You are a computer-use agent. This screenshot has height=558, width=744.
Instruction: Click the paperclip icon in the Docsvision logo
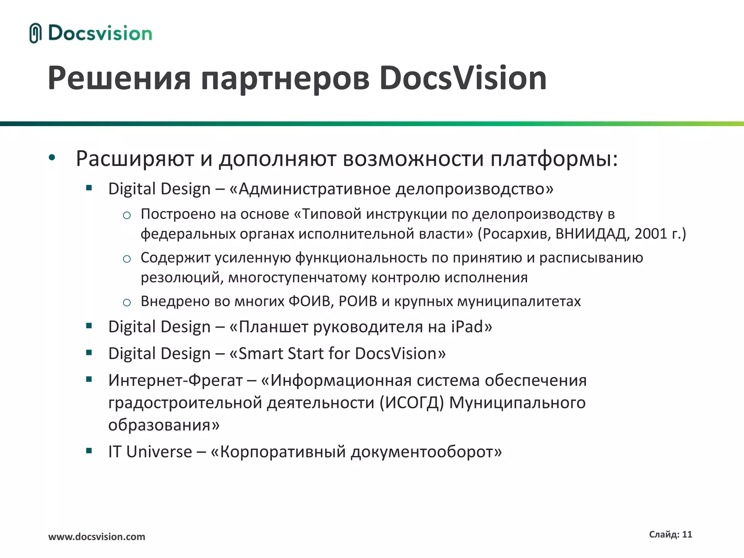35,33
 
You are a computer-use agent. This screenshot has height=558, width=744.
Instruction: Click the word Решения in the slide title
119,78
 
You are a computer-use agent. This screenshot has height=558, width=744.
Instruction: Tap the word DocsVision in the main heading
463,78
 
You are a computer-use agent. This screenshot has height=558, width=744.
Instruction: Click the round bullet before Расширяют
52,158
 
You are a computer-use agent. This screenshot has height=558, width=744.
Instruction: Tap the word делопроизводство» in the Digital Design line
474,189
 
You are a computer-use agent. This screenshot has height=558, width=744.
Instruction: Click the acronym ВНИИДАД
591,234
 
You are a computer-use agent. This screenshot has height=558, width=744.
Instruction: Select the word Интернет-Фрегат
175,380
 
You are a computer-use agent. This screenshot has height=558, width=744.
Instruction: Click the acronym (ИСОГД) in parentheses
412,403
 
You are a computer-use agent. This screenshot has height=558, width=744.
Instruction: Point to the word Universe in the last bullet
159,452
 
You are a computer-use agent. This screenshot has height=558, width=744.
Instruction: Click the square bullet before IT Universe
89,451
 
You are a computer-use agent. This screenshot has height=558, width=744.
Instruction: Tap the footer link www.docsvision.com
97,537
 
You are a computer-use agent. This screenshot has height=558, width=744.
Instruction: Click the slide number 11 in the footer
687,534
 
